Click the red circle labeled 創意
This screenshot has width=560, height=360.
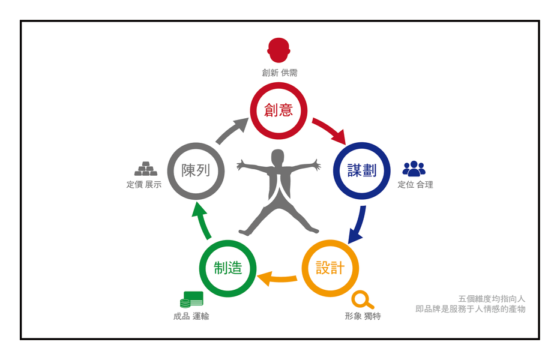tap(278, 110)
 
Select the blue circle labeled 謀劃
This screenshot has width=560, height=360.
tap(362, 170)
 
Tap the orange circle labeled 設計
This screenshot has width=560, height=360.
tap(330, 268)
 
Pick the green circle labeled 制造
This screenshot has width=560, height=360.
tap(227, 268)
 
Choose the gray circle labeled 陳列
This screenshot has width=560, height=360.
tap(196, 170)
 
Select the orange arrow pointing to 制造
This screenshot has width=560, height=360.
tap(278, 277)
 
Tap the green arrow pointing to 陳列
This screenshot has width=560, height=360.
tap(202, 221)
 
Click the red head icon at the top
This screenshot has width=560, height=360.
tap(278, 50)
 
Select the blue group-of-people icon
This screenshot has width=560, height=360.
tap(414, 169)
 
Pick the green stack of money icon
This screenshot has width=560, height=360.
tap(191, 299)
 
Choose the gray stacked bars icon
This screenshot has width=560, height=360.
tap(145, 169)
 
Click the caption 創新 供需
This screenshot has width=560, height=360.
tap(279, 73)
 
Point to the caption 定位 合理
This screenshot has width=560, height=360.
tap(415, 185)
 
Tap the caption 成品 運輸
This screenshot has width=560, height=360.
tap(191, 316)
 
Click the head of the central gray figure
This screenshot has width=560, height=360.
tap(277, 158)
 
